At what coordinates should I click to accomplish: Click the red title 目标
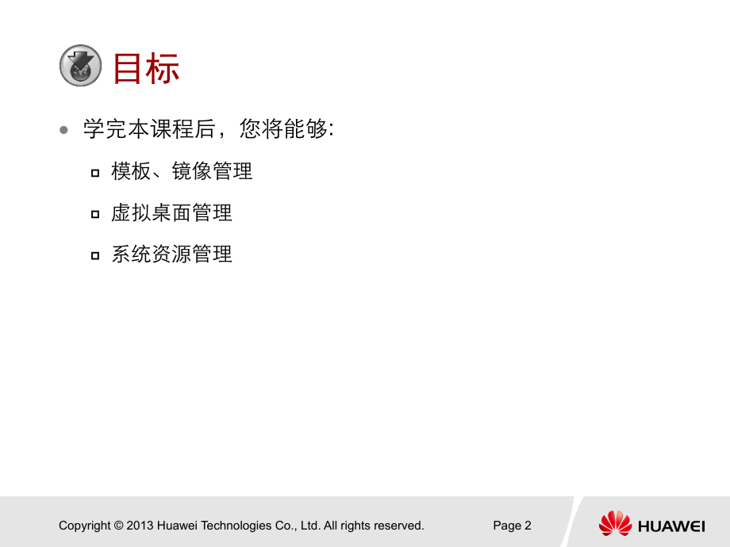146,68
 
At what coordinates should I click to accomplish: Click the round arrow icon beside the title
81,66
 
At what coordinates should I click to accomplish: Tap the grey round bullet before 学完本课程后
63,130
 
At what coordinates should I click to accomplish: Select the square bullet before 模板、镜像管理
95,173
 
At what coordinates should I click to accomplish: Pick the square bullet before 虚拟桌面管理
95,214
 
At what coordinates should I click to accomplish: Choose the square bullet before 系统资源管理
95,255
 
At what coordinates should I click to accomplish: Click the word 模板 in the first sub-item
131,171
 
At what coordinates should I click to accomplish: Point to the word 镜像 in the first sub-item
191,171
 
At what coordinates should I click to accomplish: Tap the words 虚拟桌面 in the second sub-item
152,212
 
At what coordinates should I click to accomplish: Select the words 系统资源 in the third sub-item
152,254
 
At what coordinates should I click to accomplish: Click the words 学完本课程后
149,129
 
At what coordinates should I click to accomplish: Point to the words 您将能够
283,129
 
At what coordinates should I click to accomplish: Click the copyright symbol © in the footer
118,526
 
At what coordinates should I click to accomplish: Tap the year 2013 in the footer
140,526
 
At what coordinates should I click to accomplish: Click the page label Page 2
512,526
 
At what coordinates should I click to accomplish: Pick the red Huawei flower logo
615,523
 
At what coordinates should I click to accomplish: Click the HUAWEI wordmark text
671,526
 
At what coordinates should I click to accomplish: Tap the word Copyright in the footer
85,526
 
